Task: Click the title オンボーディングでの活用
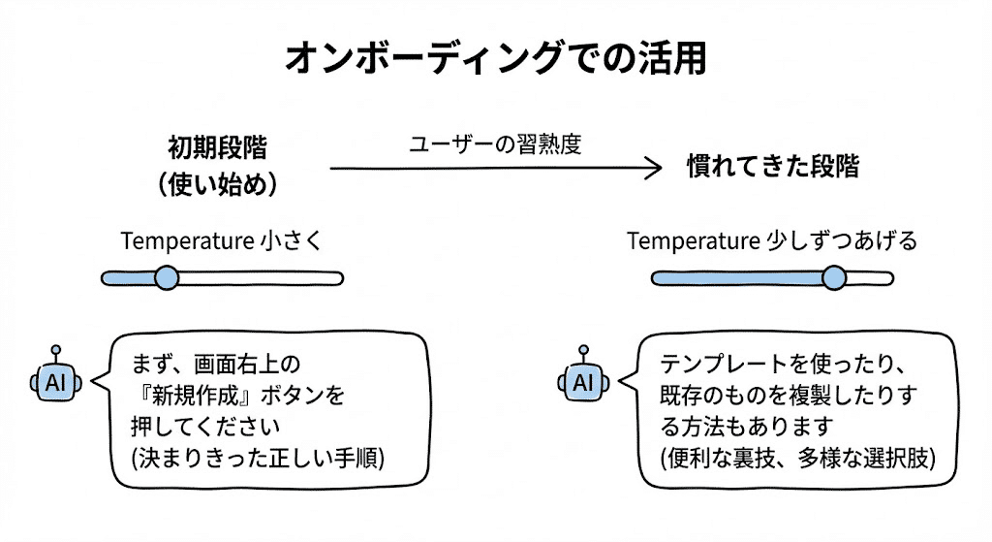[495, 58]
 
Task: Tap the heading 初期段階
[218, 148]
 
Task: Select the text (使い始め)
[218, 185]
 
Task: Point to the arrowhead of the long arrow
[655, 168]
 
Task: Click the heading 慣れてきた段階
[772, 167]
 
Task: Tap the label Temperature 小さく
[221, 241]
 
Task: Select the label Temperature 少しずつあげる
[772, 241]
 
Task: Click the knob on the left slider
[167, 278]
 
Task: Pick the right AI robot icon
[582, 381]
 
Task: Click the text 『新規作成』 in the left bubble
[190, 396]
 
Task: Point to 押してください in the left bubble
[210, 427]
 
